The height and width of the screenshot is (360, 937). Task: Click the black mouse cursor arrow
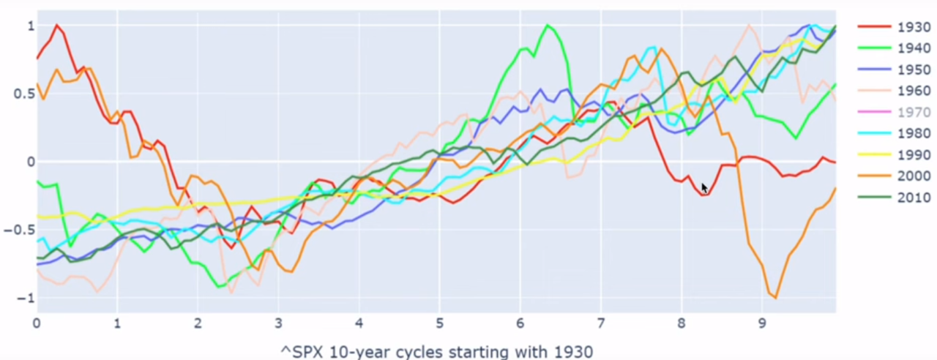(704, 187)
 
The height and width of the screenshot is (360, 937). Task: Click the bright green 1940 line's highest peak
(548, 26)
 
